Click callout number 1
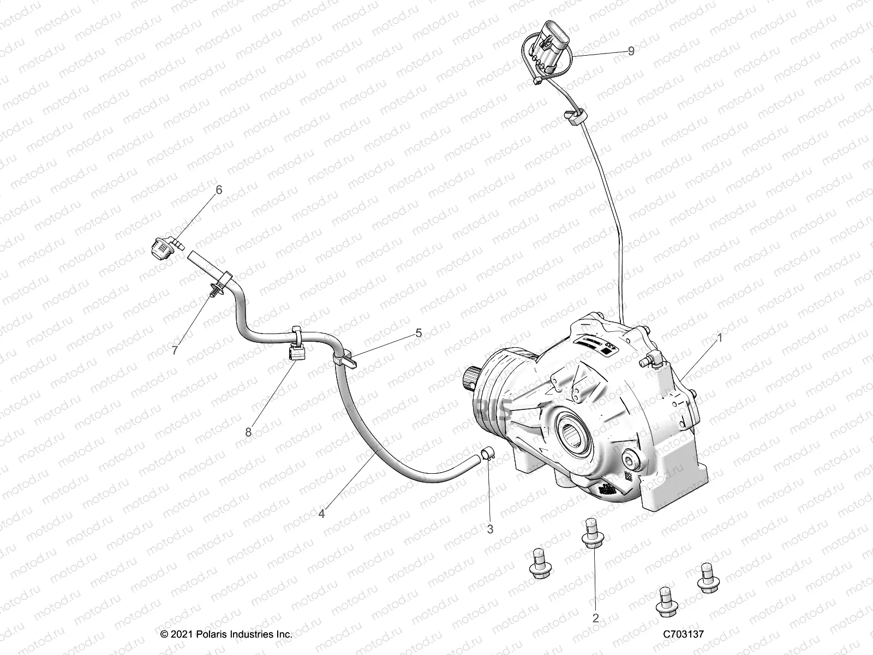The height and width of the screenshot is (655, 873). tap(720, 338)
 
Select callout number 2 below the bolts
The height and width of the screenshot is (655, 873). tap(596, 618)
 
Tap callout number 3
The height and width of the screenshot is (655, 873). tap(490, 529)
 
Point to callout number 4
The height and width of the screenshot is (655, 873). tap(322, 514)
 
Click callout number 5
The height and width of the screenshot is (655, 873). tap(418, 333)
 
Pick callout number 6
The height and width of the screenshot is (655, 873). tap(219, 190)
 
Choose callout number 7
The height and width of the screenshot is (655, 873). tap(175, 350)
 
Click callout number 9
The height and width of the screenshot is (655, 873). tap(631, 51)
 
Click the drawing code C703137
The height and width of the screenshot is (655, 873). tap(684, 634)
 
